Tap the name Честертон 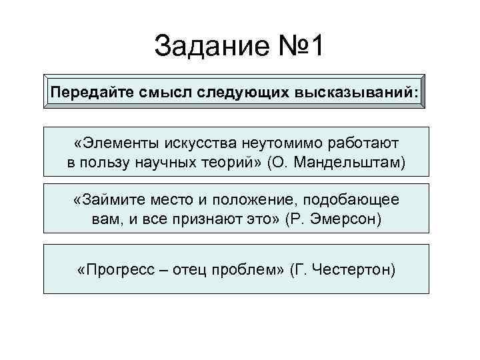pyautogui.click(x=353, y=269)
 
